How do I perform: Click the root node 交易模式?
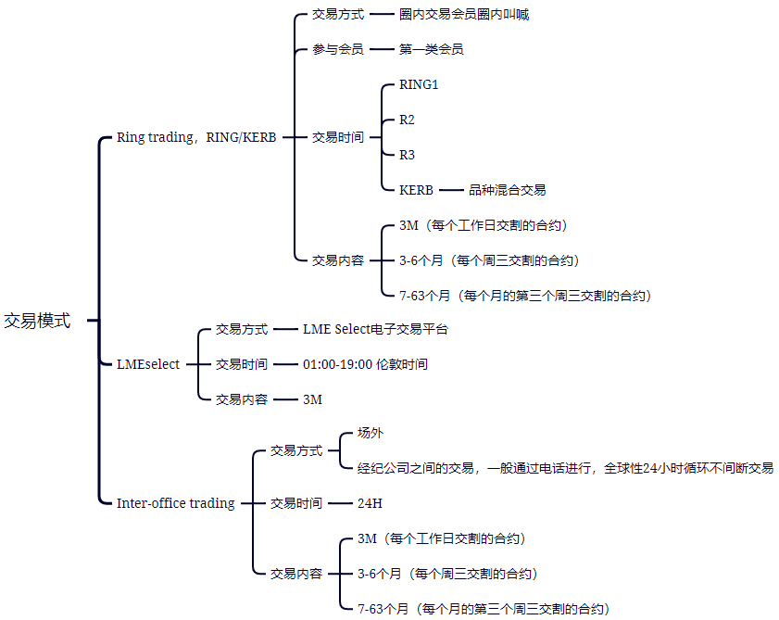click(x=37, y=321)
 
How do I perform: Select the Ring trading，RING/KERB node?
click(x=196, y=137)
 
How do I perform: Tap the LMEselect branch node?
click(x=148, y=364)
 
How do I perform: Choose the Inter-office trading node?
click(x=175, y=503)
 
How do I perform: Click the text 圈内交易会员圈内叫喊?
click(x=464, y=15)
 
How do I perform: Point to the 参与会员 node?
click(x=338, y=49)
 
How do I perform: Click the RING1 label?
click(x=419, y=85)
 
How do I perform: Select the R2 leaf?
click(x=408, y=120)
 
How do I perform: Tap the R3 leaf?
click(x=408, y=155)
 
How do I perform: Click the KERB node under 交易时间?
click(x=416, y=190)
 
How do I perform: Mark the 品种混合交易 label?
click(x=507, y=190)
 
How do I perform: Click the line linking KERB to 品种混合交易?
click(x=450, y=190)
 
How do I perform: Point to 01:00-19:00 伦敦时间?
click(x=365, y=364)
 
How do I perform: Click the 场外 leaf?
click(x=371, y=433)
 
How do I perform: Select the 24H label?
click(x=370, y=503)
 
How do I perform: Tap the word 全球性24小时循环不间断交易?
click(x=688, y=468)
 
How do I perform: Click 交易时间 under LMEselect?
click(x=242, y=364)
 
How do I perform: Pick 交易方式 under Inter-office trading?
click(x=296, y=450)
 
